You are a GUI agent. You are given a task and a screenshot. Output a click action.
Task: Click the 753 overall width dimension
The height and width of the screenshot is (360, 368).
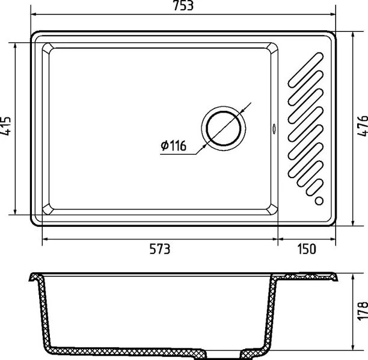(x=183, y=5)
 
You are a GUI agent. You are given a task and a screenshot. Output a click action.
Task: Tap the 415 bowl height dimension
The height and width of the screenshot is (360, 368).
(x=5, y=126)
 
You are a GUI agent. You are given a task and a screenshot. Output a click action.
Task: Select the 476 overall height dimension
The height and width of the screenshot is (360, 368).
(x=363, y=126)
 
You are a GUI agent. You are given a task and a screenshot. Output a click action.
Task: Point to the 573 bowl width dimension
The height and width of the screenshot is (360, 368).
(x=159, y=249)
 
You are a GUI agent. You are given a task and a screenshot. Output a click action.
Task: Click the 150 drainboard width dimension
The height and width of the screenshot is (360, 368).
(x=307, y=249)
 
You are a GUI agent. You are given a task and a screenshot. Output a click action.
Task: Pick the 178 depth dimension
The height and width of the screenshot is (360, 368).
(x=363, y=310)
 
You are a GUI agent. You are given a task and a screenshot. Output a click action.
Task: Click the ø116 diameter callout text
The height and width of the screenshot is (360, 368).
(x=173, y=146)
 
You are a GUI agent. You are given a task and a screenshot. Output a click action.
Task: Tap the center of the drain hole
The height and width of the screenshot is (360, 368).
(x=224, y=128)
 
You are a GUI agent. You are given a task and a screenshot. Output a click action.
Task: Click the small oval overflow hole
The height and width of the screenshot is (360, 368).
(x=274, y=129)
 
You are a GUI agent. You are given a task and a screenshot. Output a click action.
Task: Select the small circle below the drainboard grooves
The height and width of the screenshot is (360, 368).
(x=319, y=201)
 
